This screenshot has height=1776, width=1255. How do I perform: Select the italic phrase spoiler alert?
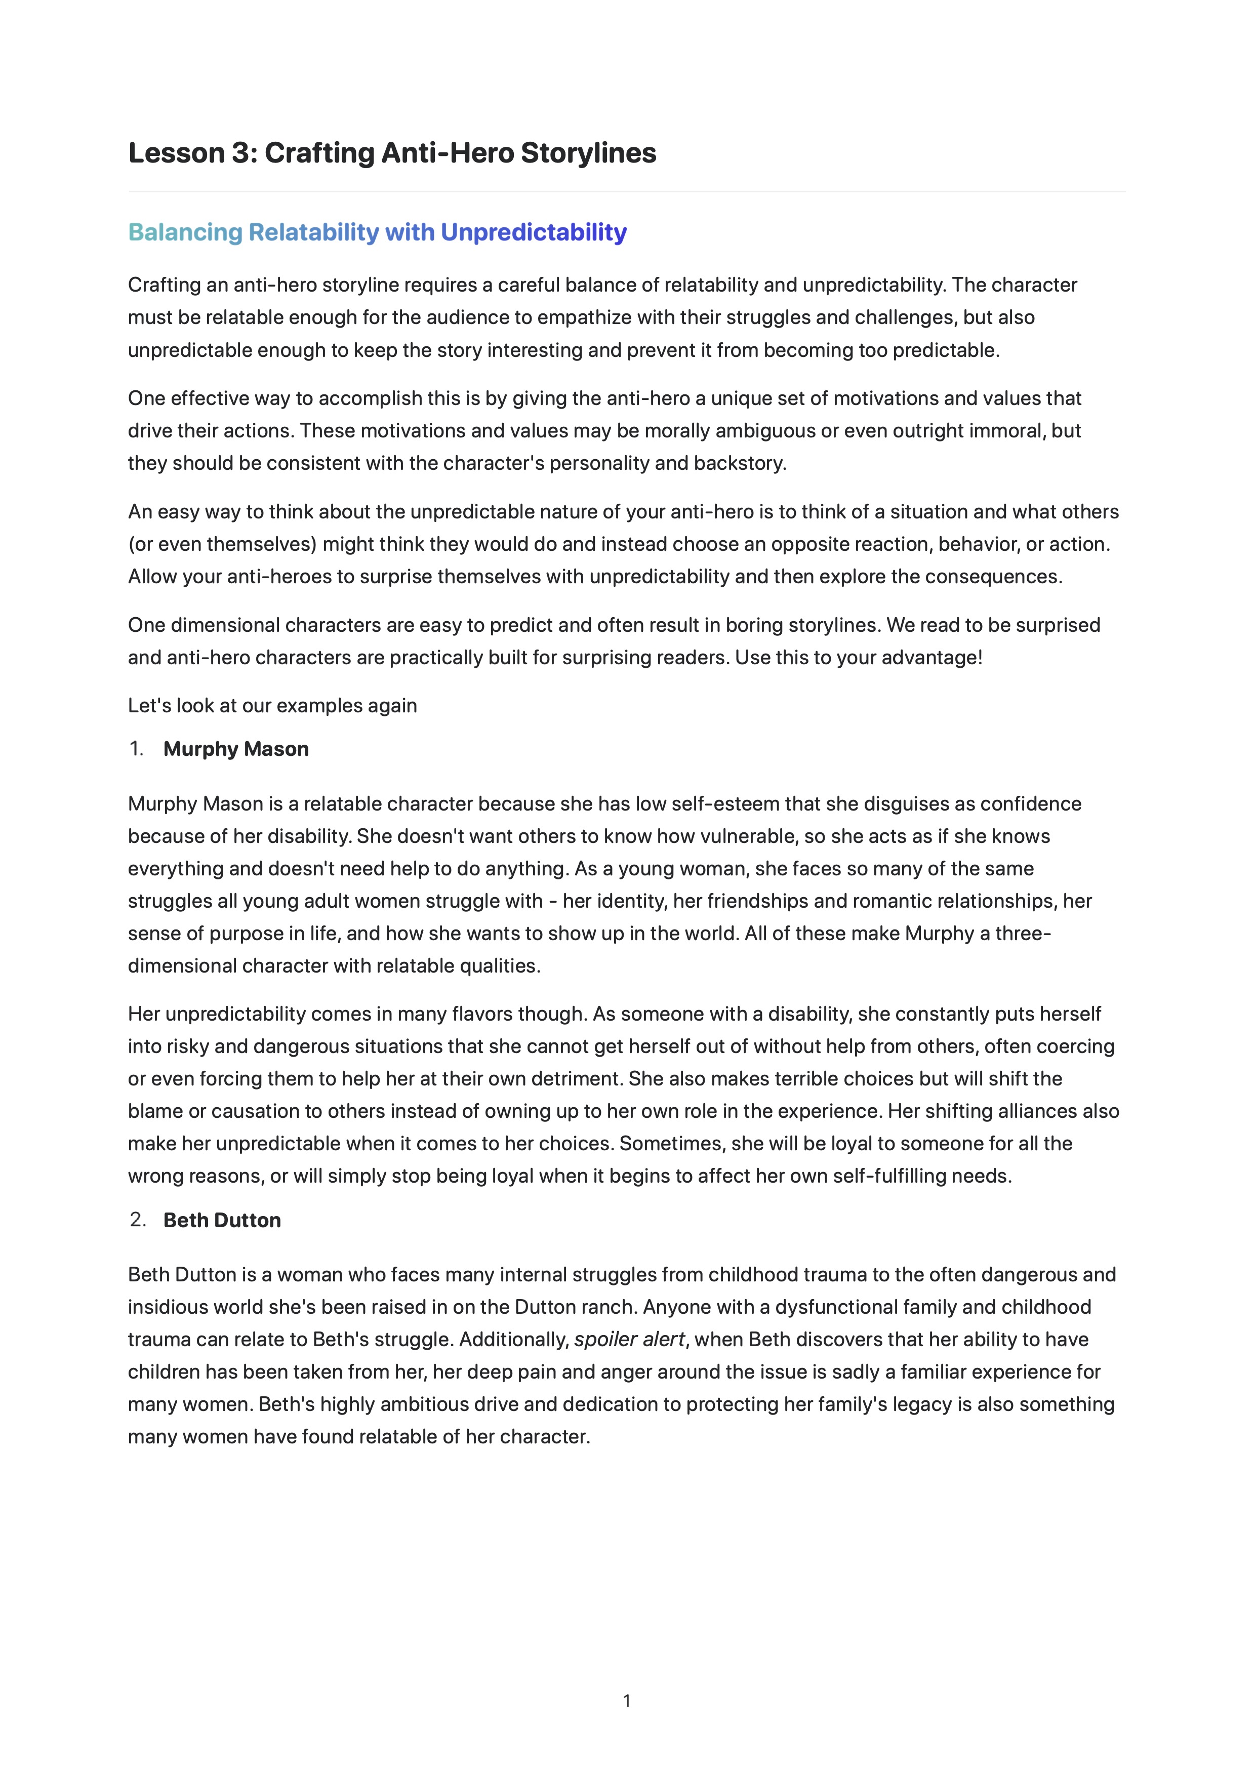click(629, 1339)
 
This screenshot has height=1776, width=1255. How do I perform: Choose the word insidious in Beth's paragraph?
click(166, 1307)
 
